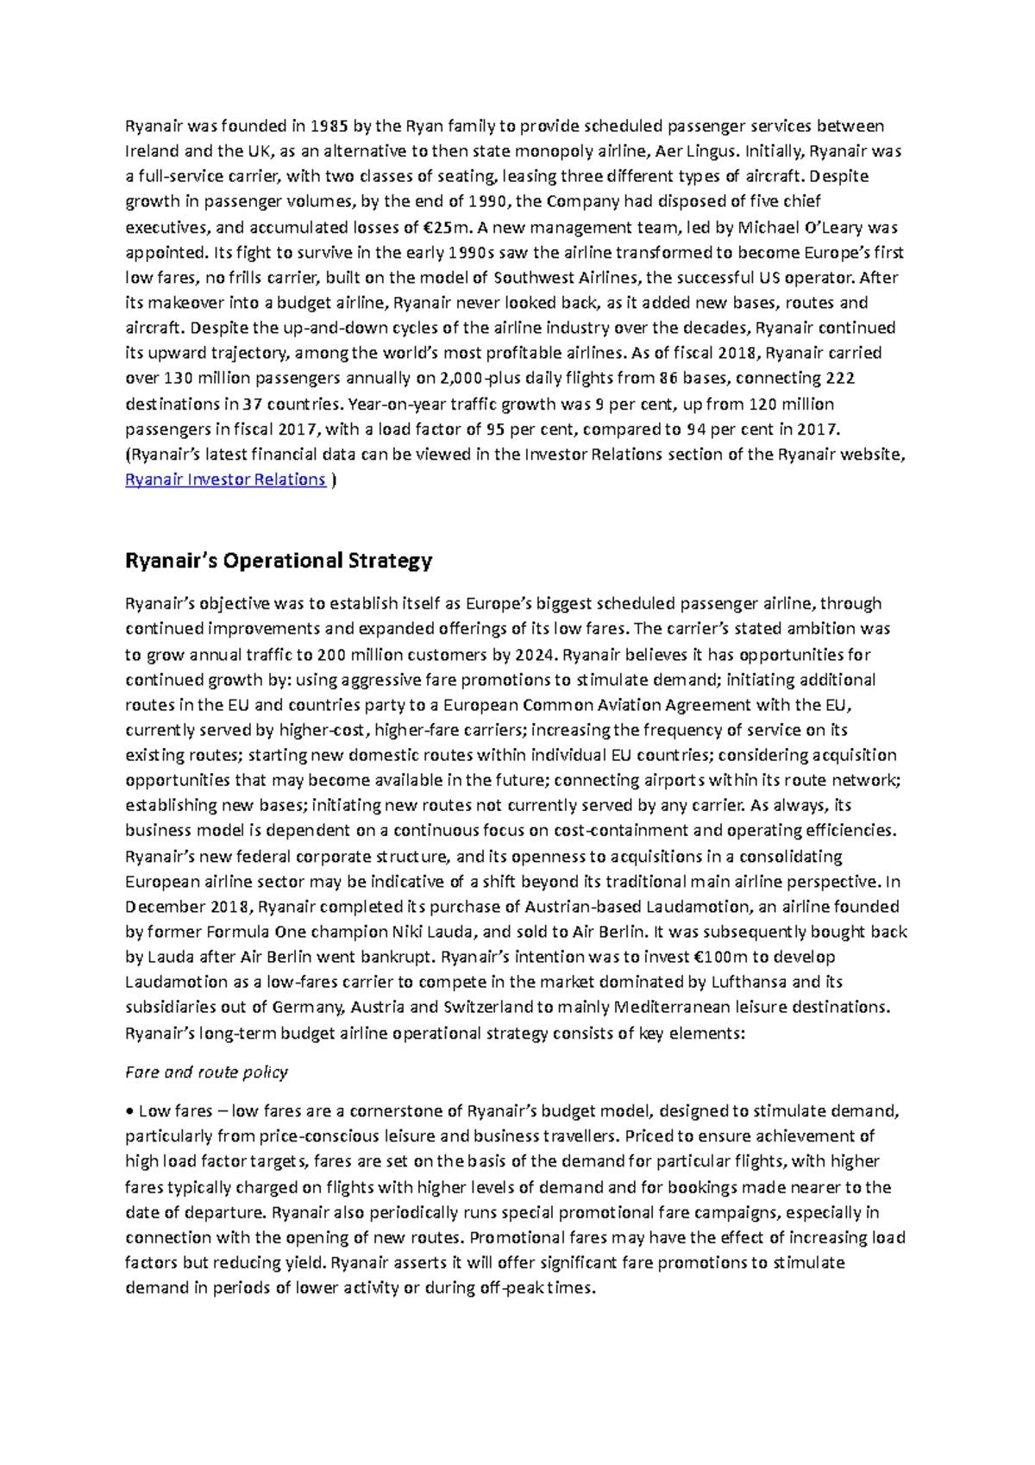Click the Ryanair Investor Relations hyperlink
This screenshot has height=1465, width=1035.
click(225, 480)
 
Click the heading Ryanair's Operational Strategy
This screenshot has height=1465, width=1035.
click(279, 561)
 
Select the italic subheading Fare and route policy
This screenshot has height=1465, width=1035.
click(206, 1072)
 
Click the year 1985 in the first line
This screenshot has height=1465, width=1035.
click(329, 126)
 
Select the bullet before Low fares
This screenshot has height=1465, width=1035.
click(129, 1111)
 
